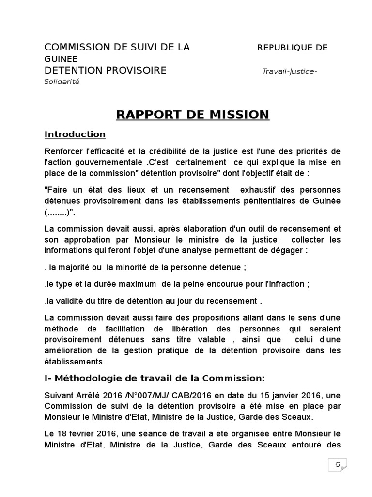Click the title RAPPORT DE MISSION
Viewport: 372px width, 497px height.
click(192, 115)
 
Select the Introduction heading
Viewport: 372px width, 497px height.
click(75, 134)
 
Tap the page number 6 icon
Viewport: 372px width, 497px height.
click(337, 464)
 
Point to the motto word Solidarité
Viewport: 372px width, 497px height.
click(62, 82)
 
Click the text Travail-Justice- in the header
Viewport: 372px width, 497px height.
click(290, 72)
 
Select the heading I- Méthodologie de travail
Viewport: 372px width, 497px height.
click(155, 378)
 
